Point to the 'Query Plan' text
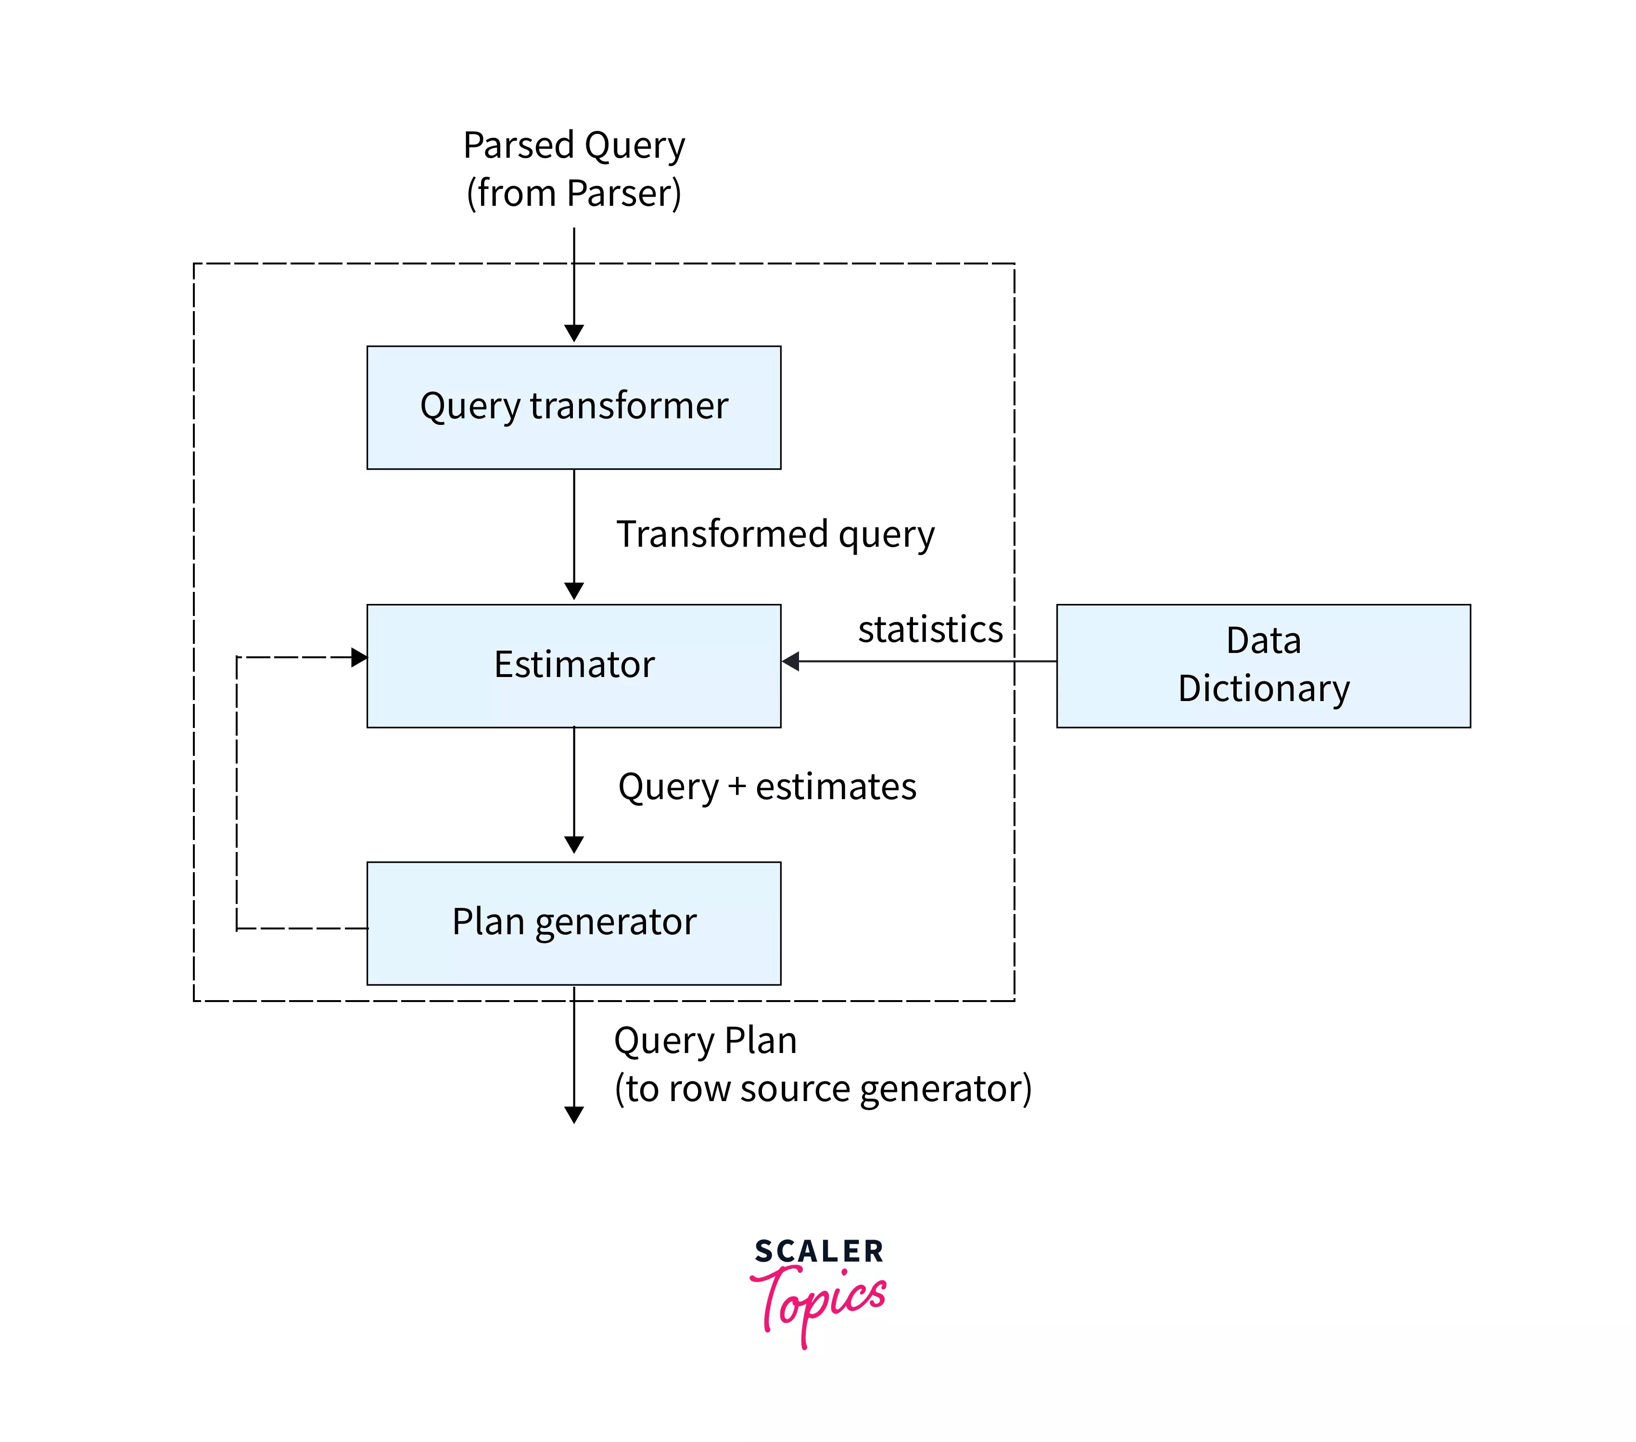click(704, 1041)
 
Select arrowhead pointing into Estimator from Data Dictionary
click(791, 661)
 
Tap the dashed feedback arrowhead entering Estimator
click(359, 657)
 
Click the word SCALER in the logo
click(818, 1251)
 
